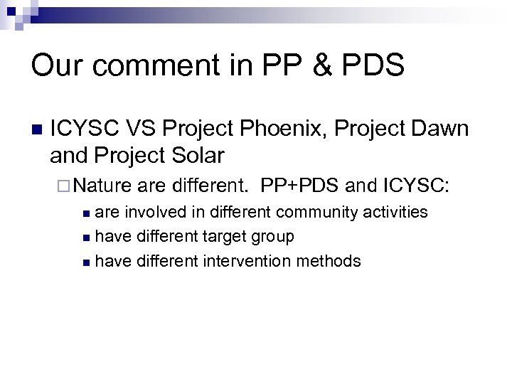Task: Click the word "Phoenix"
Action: point(269,129)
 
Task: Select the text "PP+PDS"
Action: point(299,187)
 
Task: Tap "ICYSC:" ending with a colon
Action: point(416,187)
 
